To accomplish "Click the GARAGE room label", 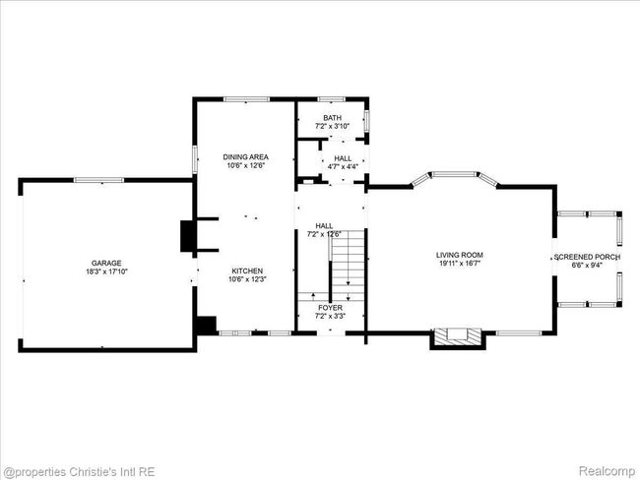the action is click(x=106, y=263).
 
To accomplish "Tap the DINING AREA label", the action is click(x=246, y=157).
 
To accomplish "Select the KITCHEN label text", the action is click(x=247, y=270).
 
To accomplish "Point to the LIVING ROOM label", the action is click(x=460, y=255).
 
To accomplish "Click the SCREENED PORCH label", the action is click(x=588, y=257).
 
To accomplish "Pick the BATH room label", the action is click(x=332, y=118).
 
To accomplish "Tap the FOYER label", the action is click(x=330, y=308).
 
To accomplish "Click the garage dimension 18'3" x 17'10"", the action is click(x=106, y=271).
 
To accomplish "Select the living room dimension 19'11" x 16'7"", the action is click(x=460, y=264).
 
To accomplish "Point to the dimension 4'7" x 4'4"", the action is click(x=343, y=166).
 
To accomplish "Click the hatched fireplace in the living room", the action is click(x=458, y=335).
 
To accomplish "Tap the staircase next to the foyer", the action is click(x=347, y=266).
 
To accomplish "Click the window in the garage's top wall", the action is click(x=98, y=180).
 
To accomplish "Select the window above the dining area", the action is click(x=246, y=99).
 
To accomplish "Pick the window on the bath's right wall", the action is click(x=367, y=121).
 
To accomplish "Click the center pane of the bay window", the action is click(x=454, y=174).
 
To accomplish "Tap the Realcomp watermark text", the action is click(x=607, y=471).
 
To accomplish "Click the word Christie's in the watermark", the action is click(x=90, y=472).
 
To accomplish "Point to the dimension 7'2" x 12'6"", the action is click(x=324, y=234).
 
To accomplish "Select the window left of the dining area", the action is click(x=195, y=159).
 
